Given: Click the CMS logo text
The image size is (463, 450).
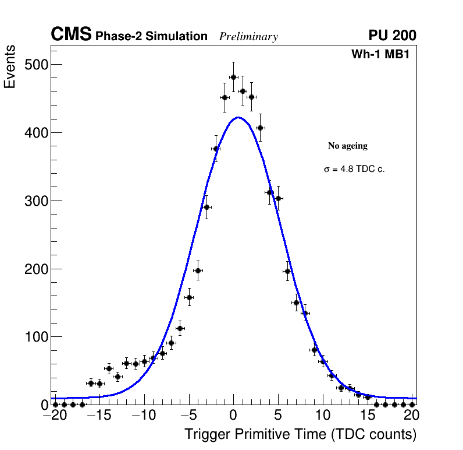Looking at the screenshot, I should tap(71, 35).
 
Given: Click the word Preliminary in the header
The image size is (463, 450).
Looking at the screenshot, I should tap(248, 37).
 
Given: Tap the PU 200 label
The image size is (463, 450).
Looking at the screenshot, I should tap(392, 36).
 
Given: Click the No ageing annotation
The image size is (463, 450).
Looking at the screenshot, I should tap(348, 146).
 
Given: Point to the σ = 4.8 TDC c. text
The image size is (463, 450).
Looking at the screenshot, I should tap(354, 169).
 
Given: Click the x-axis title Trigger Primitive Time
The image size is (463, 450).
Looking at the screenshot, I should tap(301, 434).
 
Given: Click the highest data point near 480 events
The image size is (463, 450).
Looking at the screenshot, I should tap(233, 77).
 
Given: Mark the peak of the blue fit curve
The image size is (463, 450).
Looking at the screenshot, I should tap(238, 117).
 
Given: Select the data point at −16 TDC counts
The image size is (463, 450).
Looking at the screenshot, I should tap(91, 383).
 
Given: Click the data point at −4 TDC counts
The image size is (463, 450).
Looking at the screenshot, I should tap(198, 270).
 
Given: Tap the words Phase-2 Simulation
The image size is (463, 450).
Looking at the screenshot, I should tap(151, 36).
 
